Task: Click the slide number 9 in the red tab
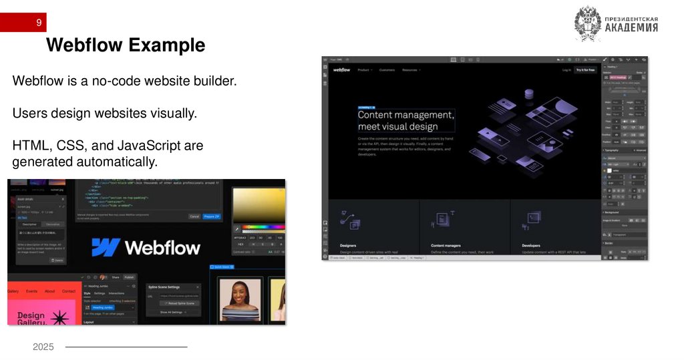pyautogui.click(x=39, y=23)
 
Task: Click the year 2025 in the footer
pyautogui.click(x=43, y=347)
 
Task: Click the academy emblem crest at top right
pyautogui.click(x=588, y=24)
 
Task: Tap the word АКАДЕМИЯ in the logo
pyautogui.click(x=631, y=28)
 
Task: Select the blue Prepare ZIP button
pyautogui.click(x=212, y=216)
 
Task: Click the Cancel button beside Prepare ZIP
pyautogui.click(x=194, y=216)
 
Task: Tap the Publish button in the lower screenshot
pyautogui.click(x=129, y=277)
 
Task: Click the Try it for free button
pyautogui.click(x=586, y=69)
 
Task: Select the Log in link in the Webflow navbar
pyautogui.click(x=566, y=69)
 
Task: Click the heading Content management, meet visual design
pyautogui.click(x=405, y=120)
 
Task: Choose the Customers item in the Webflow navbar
pyautogui.click(x=387, y=69)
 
